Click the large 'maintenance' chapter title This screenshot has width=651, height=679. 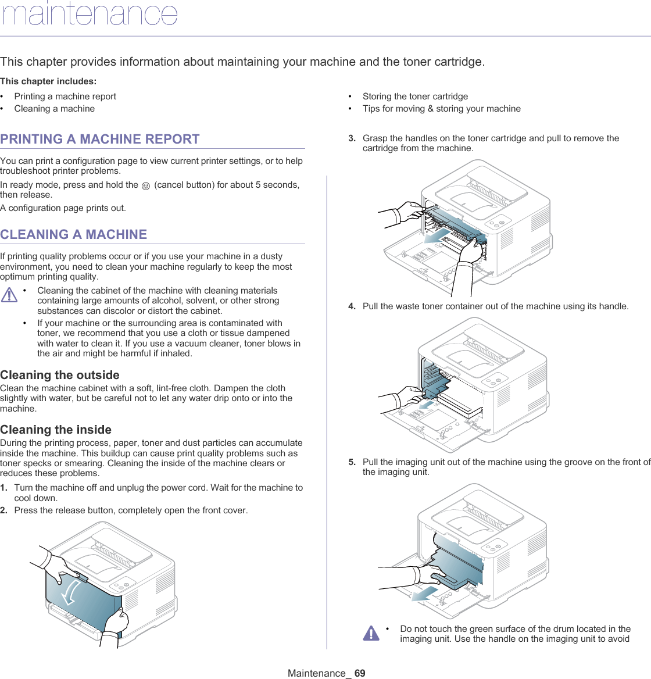[x=90, y=14]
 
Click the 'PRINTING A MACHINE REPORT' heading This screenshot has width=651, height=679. [x=100, y=140]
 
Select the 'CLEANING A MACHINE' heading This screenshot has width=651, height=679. [x=74, y=235]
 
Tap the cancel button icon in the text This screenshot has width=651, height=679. [x=146, y=185]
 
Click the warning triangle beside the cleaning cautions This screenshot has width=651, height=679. [x=9, y=295]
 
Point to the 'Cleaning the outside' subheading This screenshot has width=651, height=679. [x=60, y=375]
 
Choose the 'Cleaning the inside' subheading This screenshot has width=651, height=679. [x=56, y=430]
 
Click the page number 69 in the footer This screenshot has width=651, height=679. [x=360, y=673]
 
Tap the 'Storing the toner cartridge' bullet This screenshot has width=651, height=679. [x=415, y=97]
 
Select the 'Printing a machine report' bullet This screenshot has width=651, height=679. [x=65, y=97]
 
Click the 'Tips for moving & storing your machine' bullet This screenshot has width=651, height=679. [x=441, y=109]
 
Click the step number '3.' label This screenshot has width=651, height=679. [x=352, y=138]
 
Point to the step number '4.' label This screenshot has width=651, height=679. [x=352, y=306]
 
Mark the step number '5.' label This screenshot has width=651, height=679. [x=352, y=462]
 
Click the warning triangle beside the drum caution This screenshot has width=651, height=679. [x=371, y=633]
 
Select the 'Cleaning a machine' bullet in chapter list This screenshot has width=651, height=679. [x=55, y=109]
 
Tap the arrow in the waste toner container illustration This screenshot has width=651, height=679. [x=428, y=403]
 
